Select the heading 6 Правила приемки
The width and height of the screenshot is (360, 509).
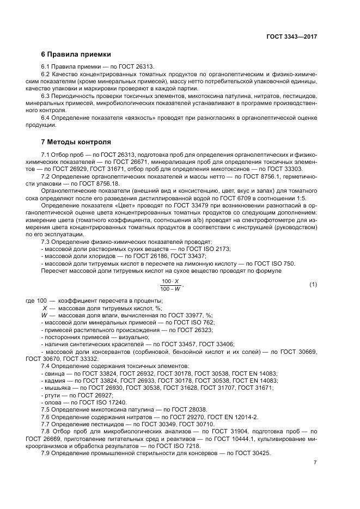(x=76, y=54)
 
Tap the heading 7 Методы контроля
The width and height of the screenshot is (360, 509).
(x=76, y=142)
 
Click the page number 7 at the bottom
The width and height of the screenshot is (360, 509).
(x=315, y=462)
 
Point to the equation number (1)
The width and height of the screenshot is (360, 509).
(x=313, y=285)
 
